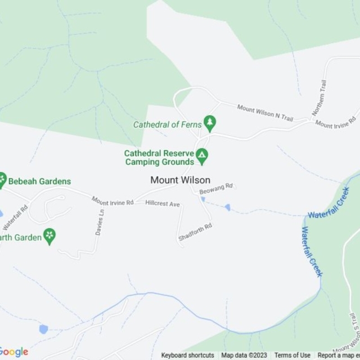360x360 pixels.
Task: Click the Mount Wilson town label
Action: click(180, 180)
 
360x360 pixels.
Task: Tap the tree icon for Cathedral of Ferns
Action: click(210, 121)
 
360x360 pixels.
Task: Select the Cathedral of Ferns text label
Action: click(167, 125)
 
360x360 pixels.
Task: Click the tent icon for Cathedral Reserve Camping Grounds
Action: click(202, 154)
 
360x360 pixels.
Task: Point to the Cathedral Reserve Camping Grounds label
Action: click(159, 157)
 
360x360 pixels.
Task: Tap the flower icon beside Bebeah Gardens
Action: click(3, 179)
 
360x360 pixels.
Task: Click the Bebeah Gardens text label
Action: click(40, 181)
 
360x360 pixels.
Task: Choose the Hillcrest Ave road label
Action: click(163, 203)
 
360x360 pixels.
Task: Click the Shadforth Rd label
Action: click(195, 233)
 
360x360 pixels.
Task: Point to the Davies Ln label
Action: click(101, 223)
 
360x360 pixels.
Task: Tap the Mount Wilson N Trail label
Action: click(265, 112)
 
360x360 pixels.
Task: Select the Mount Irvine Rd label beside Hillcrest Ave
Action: click(112, 201)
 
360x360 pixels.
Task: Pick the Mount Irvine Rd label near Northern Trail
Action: click(336, 121)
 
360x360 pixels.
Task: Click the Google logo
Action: click(14, 352)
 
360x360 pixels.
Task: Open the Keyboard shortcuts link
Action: click(187, 355)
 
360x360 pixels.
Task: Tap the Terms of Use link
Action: click(292, 355)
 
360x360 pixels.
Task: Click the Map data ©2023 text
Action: click(244, 355)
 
